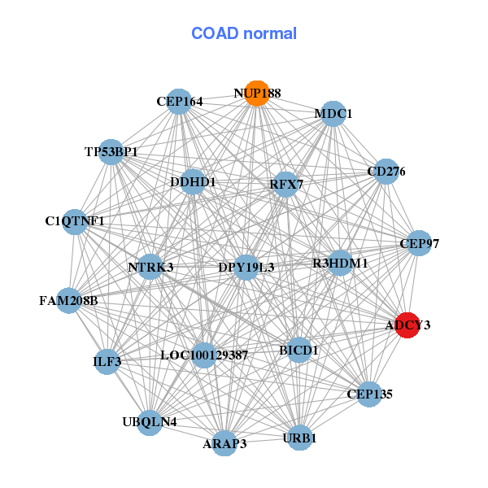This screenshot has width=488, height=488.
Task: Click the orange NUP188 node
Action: coord(257,94)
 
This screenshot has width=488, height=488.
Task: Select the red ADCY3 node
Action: coord(407,325)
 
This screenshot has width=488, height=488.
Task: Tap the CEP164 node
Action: coord(179,102)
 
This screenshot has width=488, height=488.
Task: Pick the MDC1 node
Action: coord(333,114)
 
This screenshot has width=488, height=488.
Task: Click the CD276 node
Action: coord(386,172)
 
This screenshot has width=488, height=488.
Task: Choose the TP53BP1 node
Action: coord(111,152)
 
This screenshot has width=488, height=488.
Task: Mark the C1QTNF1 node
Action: coord(75,221)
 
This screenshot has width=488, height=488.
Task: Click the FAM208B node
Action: coord(68,301)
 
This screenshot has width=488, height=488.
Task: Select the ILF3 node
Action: coord(107,360)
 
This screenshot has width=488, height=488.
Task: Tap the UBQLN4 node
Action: coord(149,421)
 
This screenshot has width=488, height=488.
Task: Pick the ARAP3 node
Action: coord(224,443)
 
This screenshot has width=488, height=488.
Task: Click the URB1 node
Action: coord(299,438)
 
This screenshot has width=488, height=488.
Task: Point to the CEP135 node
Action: coord(369,394)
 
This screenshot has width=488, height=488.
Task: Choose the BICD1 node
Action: coord(299,350)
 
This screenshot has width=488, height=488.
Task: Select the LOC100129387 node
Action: coord(204,355)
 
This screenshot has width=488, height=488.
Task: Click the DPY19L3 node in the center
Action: coord(246,267)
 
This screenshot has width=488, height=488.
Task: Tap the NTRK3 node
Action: coord(150,267)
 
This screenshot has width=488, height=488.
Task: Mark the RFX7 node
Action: coord(285,185)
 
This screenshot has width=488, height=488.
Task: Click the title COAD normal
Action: coord(244,34)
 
